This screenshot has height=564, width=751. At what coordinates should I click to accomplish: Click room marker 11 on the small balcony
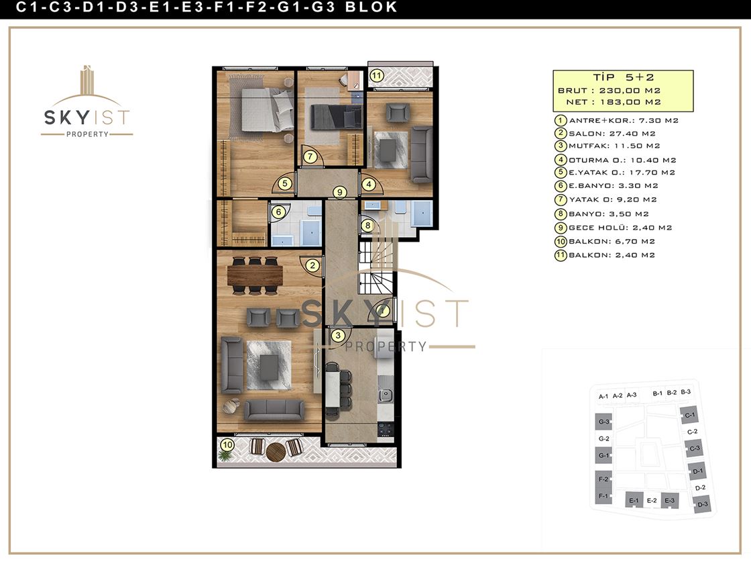pos(377,75)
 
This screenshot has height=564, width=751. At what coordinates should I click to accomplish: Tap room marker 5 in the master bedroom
pos(285,183)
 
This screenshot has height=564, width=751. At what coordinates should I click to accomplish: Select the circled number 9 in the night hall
pos(339,192)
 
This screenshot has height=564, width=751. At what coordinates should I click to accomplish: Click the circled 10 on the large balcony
pos(227,444)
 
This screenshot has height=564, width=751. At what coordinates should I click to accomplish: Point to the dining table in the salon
pos(255,275)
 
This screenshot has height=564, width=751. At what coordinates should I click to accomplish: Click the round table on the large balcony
pos(276,452)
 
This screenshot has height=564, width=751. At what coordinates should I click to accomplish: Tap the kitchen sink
pos(385,395)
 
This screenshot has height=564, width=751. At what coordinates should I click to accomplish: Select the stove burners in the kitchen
pos(386,429)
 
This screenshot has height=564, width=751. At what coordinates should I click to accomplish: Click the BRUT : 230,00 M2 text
pos(610,91)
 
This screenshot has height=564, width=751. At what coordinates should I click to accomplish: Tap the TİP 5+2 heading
pos(623,77)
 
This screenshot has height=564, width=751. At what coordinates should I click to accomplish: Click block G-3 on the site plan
pos(604,422)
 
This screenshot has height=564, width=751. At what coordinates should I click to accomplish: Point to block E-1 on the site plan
pos(634,500)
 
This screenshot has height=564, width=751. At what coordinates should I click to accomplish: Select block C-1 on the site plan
pos(690,416)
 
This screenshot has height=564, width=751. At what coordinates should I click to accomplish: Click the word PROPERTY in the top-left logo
pos(87,134)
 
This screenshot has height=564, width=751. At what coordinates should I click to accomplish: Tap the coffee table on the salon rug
pos(269,366)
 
